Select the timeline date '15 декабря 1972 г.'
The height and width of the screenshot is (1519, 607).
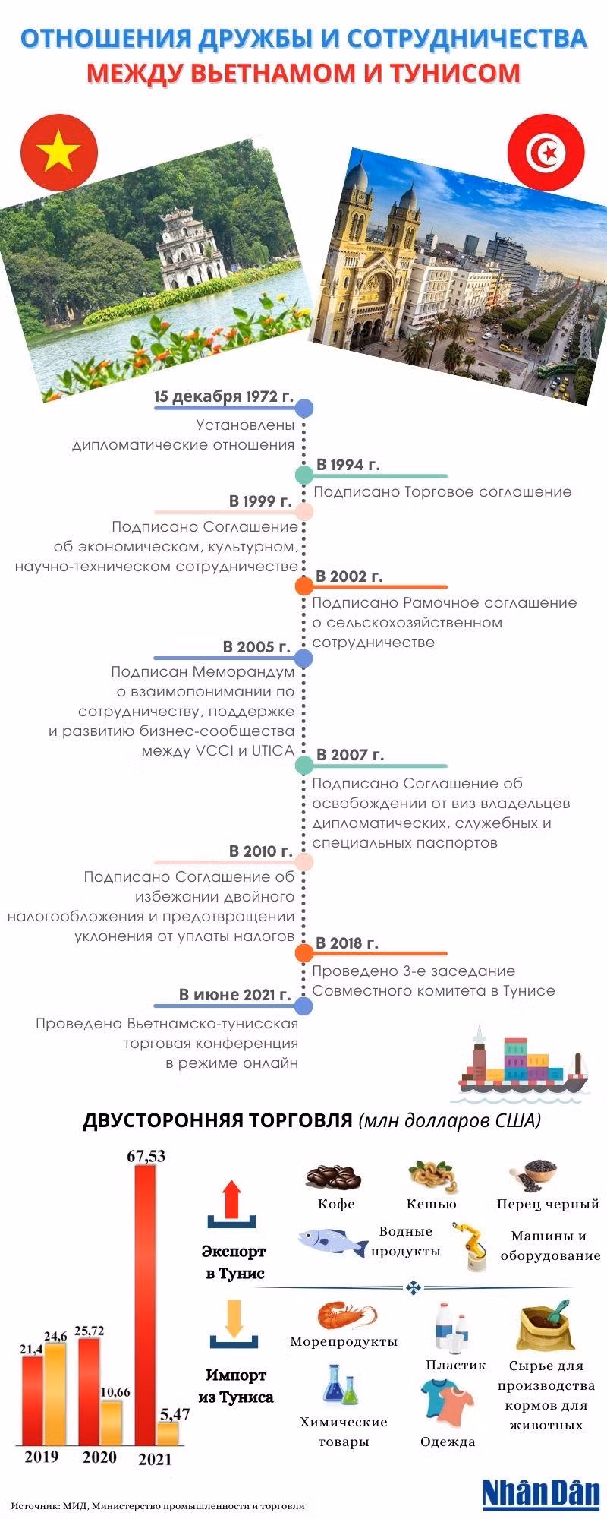[223, 396]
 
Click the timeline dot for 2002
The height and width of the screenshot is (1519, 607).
[303, 586]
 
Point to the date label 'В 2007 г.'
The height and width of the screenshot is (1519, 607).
[350, 755]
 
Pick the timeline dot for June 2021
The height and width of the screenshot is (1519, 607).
[303, 1006]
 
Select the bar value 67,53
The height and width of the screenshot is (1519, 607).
[146, 1156]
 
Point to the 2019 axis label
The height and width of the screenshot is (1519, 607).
[42, 1457]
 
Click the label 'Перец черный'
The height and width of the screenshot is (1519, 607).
[548, 1204]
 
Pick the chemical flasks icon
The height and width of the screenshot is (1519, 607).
[342, 1383]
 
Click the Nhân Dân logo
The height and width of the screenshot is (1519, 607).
[542, 1493]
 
